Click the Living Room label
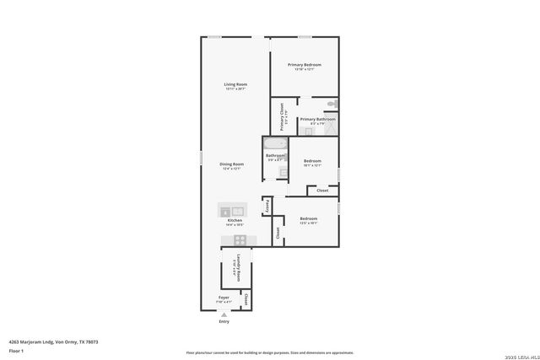click(x=235, y=84)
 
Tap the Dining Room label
click(x=233, y=164)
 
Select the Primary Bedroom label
click(x=304, y=65)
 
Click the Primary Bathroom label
click(x=317, y=119)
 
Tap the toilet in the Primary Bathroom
click(x=332, y=104)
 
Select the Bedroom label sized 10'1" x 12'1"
click(x=313, y=161)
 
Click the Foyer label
click(x=224, y=298)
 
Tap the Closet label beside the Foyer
click(x=246, y=298)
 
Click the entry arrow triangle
click(x=224, y=314)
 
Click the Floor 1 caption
click(x=16, y=350)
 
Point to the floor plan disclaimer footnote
click(x=269, y=352)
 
